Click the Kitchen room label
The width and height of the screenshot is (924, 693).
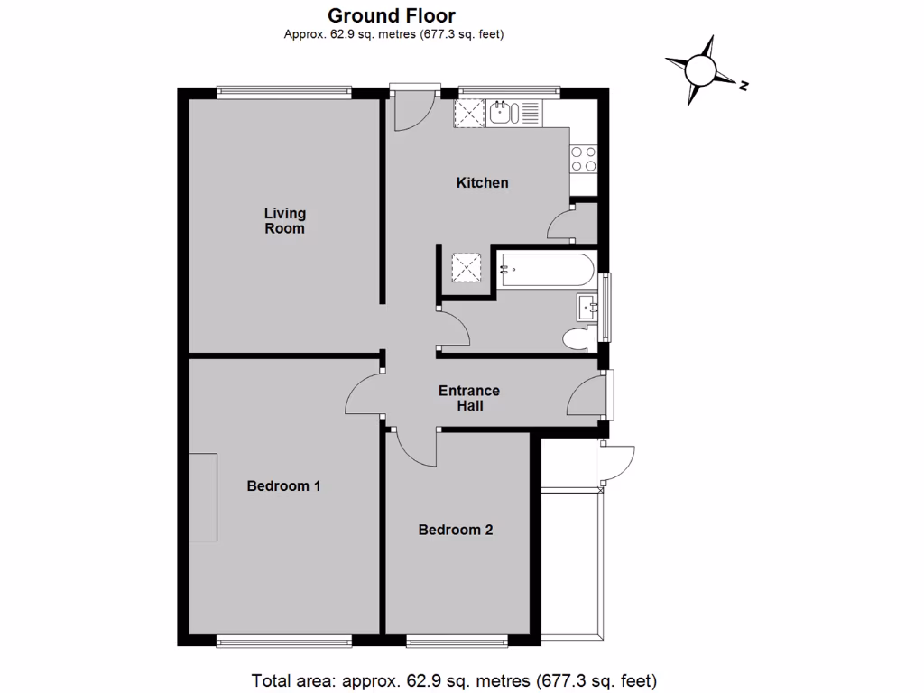point(482,182)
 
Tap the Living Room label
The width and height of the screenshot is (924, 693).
point(284,221)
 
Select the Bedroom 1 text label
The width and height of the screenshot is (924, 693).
point(284,485)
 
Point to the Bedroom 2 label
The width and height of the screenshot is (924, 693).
point(456,530)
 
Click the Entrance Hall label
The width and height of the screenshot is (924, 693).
point(468,398)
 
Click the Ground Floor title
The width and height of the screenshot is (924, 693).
point(392,15)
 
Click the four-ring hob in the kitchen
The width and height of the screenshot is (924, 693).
point(583,159)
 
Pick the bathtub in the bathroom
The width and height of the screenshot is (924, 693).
point(543,268)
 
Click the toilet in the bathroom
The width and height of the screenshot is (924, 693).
point(577,339)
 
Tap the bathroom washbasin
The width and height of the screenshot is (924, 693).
point(589,309)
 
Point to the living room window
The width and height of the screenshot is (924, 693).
point(284,90)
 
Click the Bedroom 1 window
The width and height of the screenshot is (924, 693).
point(284,642)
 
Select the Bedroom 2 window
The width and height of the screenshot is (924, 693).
point(457,642)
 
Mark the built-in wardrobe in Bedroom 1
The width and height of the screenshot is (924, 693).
point(203,497)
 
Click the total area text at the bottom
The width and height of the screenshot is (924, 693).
point(452,679)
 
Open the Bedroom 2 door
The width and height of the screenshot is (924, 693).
point(413,448)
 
